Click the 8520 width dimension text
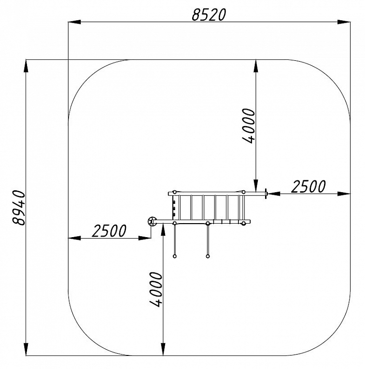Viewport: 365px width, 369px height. (209, 14)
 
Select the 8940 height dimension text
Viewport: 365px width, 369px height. (18, 208)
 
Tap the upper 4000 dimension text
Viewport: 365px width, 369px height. (249, 126)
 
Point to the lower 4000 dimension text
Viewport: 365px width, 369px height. (156, 289)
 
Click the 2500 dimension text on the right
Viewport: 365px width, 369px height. (309, 186)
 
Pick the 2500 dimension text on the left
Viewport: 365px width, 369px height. (109, 231)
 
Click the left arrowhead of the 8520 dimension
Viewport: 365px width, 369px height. (74, 22)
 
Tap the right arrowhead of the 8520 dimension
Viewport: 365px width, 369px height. (344, 22)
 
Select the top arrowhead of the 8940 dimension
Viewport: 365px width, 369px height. (26, 66)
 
